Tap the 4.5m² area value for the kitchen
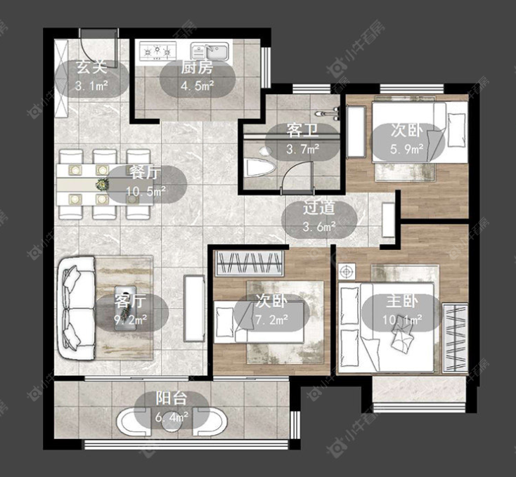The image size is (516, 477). click(198, 86)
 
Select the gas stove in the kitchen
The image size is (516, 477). click(157, 51)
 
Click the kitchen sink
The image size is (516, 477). click(210, 51)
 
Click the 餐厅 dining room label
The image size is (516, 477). click(145, 172)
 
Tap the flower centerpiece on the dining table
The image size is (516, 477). click(102, 184)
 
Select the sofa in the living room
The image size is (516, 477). click(77, 308)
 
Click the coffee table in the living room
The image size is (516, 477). click(125, 308)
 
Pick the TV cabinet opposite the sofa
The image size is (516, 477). click(194, 308)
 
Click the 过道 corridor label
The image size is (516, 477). click(319, 209)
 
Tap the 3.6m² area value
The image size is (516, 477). click(319, 226)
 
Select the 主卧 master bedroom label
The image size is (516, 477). click(402, 301)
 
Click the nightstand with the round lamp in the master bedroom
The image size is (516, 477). click(346, 272)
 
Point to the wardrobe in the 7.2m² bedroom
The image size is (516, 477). click(249, 263)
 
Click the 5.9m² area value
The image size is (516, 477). click(407, 150)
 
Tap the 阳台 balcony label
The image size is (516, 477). click(172, 398)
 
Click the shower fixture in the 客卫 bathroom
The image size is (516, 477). click(328, 114)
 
